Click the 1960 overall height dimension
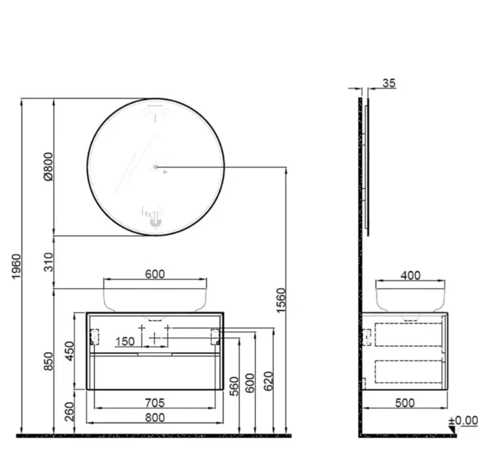[x=16, y=266]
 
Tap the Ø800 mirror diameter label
[x=48, y=166]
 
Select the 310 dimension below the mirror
[x=48, y=262]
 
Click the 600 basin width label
[x=155, y=274]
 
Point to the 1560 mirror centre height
[x=281, y=300]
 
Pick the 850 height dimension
[x=48, y=361]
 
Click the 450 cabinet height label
[x=69, y=351]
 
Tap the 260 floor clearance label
[x=69, y=411]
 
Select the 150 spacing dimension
[x=125, y=341]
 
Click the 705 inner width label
[x=155, y=403]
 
